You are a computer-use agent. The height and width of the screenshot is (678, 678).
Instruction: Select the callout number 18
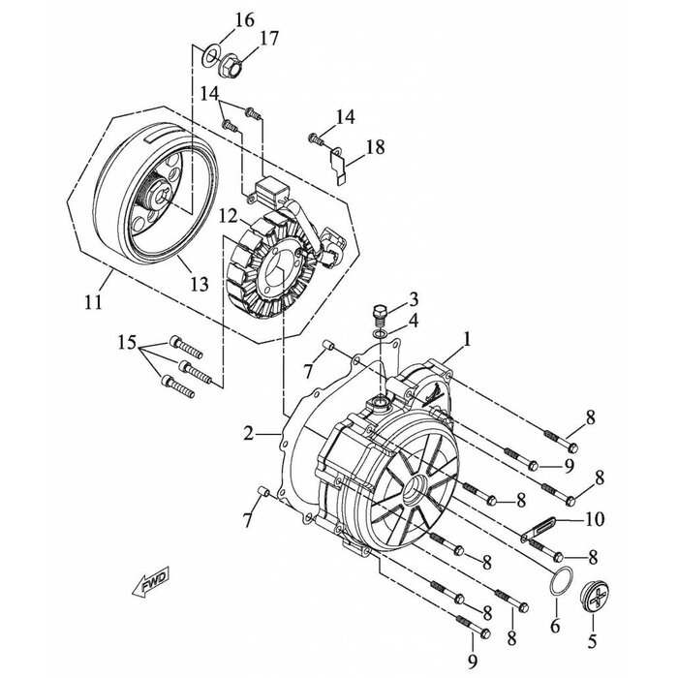pyautogui.click(x=375, y=147)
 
